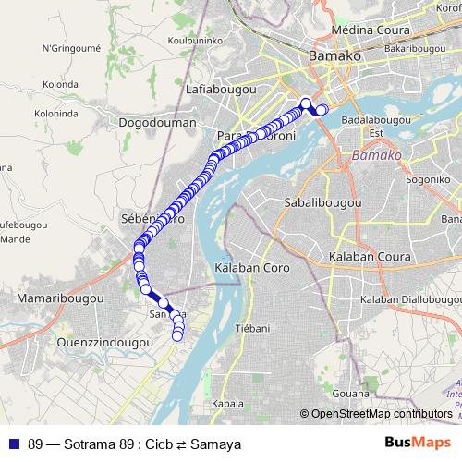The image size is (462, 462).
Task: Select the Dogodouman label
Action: (158, 122)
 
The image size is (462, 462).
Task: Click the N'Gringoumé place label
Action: (71, 47)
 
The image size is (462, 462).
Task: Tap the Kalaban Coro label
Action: (251, 267)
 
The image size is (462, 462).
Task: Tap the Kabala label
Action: (228, 404)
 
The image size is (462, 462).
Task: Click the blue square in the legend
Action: (13, 444)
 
